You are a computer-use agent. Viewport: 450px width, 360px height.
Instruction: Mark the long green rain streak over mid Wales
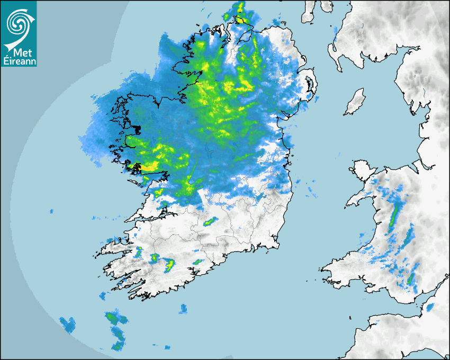(394, 214)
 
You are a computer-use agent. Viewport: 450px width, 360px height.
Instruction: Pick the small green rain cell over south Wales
(411, 277)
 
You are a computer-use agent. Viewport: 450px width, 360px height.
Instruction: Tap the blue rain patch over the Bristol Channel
(430, 307)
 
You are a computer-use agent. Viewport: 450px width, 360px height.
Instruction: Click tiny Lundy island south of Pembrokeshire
(350, 317)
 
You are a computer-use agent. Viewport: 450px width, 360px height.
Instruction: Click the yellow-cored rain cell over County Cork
(170, 264)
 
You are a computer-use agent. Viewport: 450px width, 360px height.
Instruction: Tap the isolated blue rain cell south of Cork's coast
(183, 308)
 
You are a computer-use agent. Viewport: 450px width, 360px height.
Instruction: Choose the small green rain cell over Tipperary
(211, 221)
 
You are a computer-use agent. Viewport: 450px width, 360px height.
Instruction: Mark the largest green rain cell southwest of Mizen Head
(112, 318)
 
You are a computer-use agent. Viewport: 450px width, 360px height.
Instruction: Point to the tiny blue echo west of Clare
(52, 211)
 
